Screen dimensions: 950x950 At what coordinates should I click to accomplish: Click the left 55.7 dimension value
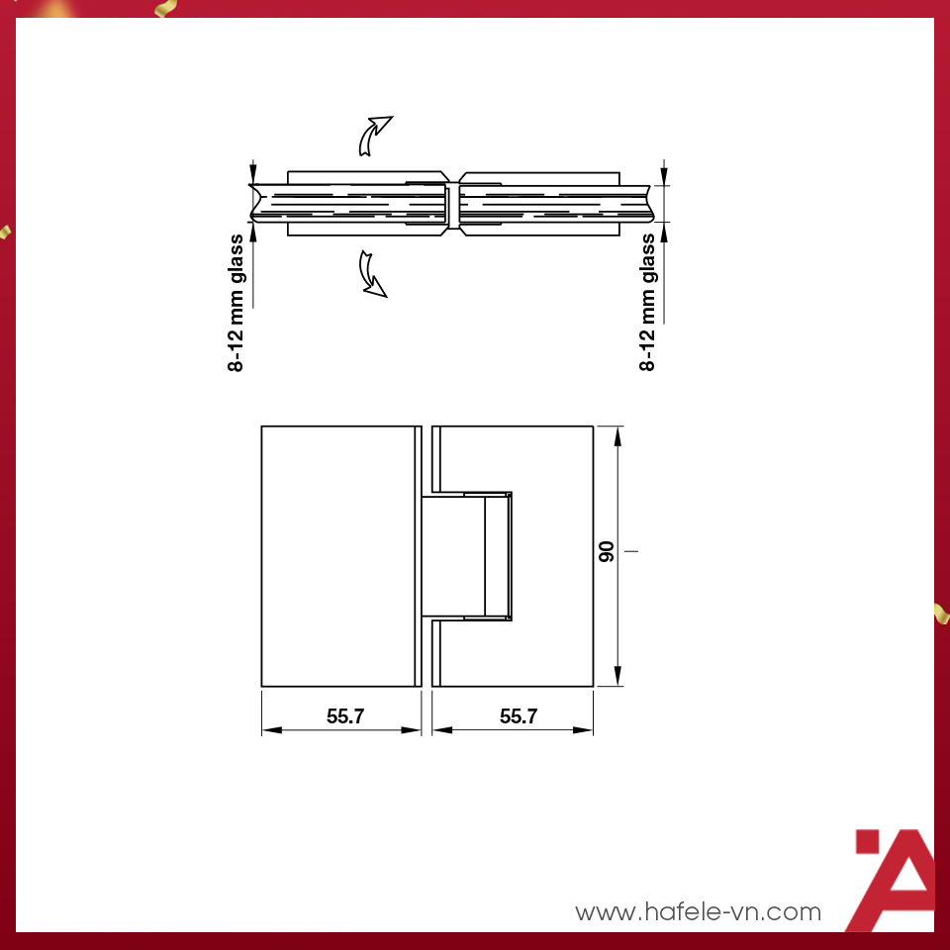pyautogui.click(x=345, y=716)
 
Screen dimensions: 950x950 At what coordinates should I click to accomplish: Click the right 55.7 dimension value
pyautogui.click(x=518, y=716)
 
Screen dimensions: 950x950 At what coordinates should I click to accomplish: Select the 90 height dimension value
pyautogui.click(x=607, y=552)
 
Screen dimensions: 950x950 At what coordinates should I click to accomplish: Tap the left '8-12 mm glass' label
pyautogui.click(x=237, y=303)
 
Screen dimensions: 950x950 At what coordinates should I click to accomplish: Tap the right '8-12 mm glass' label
pyautogui.click(x=648, y=303)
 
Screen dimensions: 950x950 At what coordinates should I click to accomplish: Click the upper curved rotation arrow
pyautogui.click(x=373, y=135)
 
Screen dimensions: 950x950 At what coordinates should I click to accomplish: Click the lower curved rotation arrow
pyautogui.click(x=372, y=273)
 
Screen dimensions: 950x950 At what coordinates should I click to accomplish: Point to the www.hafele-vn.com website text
pyautogui.click(x=698, y=911)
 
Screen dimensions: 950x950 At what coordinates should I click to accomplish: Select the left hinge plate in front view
pyautogui.click(x=336, y=556)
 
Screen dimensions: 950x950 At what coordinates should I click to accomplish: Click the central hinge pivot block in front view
pyautogui.click(x=465, y=556)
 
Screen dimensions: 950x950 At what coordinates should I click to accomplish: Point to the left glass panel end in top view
pyautogui.click(x=255, y=203)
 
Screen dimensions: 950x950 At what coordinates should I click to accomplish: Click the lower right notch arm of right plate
pyautogui.click(x=436, y=654)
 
